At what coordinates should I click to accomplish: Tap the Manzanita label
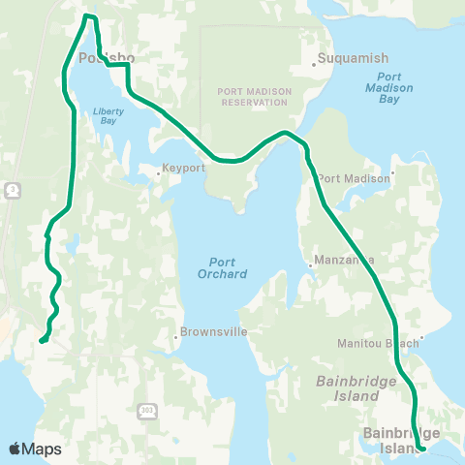341,262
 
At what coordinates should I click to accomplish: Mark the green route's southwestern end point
42,341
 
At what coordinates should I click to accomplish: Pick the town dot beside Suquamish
316,65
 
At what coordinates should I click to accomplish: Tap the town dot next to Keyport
160,174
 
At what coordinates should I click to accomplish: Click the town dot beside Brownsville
176,338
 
